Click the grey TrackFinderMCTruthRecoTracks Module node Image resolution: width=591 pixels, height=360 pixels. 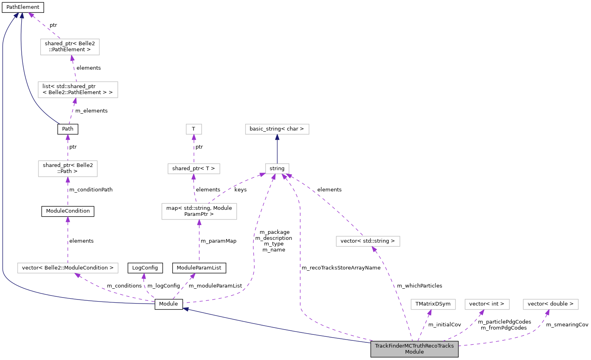pos(414,349)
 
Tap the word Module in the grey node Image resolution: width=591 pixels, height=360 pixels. pos(414,352)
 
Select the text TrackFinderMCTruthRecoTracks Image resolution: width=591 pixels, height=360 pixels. pos(414,346)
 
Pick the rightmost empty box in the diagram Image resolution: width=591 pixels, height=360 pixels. pos(551,304)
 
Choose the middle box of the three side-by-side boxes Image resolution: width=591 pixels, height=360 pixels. pos(487,304)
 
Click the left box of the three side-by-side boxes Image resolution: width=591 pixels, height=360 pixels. pos(433,304)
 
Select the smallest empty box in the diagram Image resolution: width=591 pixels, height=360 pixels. pos(194,129)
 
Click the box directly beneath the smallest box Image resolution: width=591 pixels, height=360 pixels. pos(194,169)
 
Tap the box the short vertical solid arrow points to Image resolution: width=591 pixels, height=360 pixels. pos(277,129)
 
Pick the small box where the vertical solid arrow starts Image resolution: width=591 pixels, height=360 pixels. pos(277,169)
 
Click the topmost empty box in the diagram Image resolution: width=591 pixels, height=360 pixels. pos(70,47)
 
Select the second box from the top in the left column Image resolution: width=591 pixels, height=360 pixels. pos(78,90)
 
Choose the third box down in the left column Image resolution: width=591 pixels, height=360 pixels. pos(68,169)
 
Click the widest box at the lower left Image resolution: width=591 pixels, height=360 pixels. pos(68,268)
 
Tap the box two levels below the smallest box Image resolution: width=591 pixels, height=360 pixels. pos(199,211)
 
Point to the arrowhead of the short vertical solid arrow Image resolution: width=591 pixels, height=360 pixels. pos(277,137)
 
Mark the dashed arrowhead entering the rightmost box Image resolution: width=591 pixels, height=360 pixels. pos(547,312)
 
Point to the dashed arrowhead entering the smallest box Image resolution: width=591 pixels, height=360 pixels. pos(194,137)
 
